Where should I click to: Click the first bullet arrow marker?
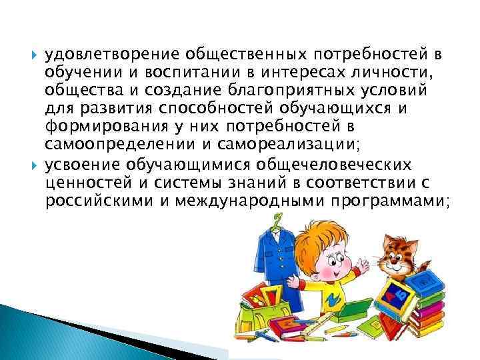coord(33,53)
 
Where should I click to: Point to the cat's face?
coord(399,254)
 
